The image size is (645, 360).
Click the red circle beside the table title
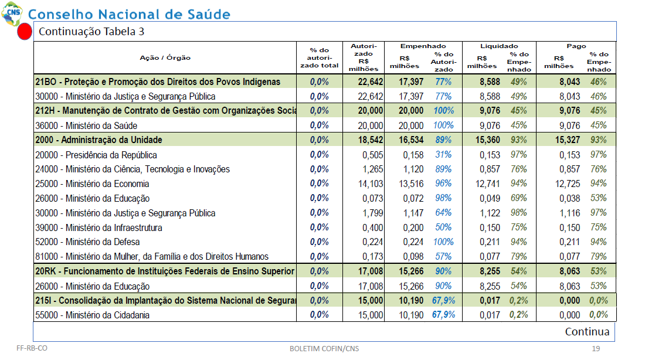coord(25,32)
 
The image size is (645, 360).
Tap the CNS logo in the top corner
coord(12,13)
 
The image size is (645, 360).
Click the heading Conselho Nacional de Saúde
coord(129,15)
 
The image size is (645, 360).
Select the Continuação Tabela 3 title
coord(91,32)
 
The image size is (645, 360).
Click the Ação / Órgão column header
coord(165,58)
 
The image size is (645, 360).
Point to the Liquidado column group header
coord(499,46)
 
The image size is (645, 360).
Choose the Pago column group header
coord(576,46)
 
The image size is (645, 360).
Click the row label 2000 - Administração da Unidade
coord(99,140)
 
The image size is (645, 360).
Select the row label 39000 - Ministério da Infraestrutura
coord(99,227)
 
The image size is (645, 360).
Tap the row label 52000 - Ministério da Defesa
coord(87,242)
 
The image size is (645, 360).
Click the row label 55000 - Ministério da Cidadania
coord(93,315)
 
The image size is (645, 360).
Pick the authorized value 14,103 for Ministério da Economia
coord(371,184)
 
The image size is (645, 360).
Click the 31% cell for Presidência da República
coord(443,155)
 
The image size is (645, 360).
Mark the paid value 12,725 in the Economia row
coord(568,184)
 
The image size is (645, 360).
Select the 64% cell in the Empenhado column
coord(443,213)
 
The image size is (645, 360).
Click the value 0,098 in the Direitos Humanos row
coord(413,257)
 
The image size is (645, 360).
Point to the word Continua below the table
coord(587,332)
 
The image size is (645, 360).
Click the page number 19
coord(596,348)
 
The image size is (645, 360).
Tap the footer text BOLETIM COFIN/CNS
coord(324,348)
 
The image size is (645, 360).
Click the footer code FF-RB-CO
coord(32,348)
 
